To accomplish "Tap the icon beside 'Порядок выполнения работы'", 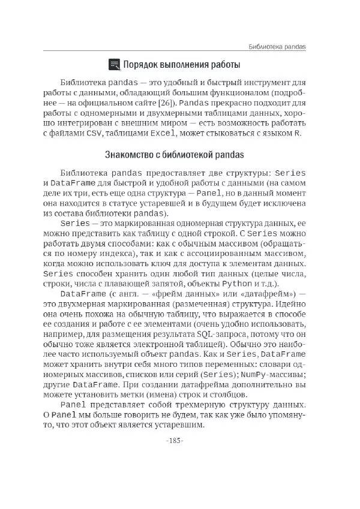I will click(x=113, y=64).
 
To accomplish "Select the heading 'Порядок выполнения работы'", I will click(x=181, y=64).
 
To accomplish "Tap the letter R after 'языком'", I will click(x=298, y=134).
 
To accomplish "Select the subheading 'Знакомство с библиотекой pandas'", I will click(x=174, y=155).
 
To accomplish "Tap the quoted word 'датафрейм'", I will click(x=263, y=294).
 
